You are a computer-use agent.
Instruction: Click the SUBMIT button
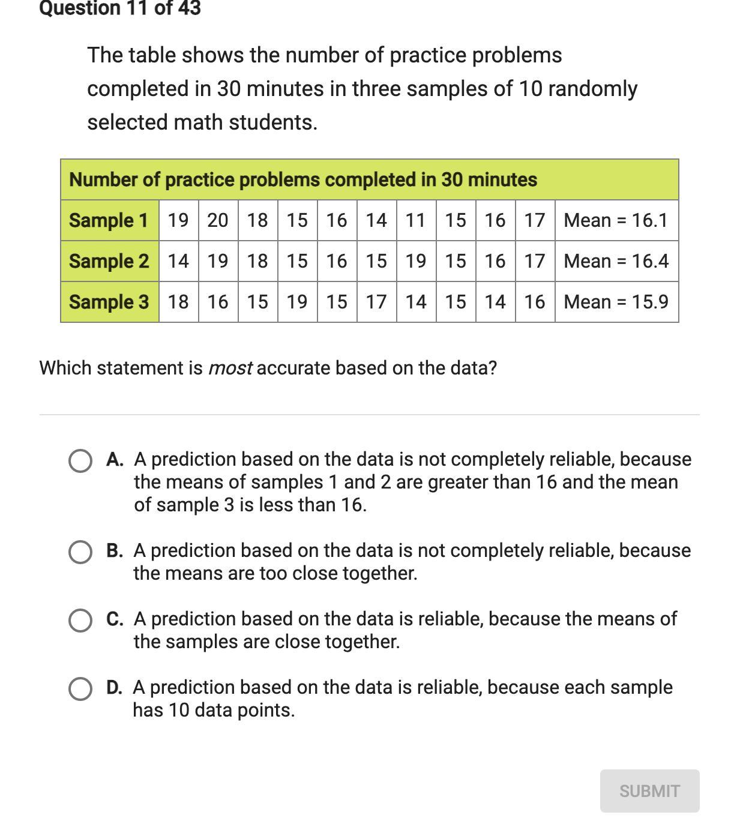tap(649, 791)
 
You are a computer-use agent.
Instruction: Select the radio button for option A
tap(80, 461)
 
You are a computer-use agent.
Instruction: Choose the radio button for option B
tap(80, 552)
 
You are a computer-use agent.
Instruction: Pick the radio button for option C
tap(80, 621)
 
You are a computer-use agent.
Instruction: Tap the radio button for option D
tap(80, 689)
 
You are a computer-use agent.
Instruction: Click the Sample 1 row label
tap(109, 220)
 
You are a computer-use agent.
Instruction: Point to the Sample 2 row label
tap(109, 261)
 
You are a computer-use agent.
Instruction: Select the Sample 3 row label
tap(109, 302)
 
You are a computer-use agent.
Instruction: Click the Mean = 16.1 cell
tap(616, 220)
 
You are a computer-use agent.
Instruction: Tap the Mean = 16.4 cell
tap(616, 261)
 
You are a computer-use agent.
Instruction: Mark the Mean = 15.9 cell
tap(616, 302)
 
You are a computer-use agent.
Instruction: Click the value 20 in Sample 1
tap(218, 220)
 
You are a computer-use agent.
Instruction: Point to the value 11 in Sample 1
tap(416, 220)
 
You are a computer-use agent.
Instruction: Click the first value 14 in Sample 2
tap(178, 261)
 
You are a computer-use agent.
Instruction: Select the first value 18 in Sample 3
tap(178, 302)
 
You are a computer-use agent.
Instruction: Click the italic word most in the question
tap(230, 368)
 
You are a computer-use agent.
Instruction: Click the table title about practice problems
tap(303, 179)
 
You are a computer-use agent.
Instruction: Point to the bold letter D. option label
tap(114, 688)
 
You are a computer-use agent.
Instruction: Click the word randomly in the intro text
tap(592, 89)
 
